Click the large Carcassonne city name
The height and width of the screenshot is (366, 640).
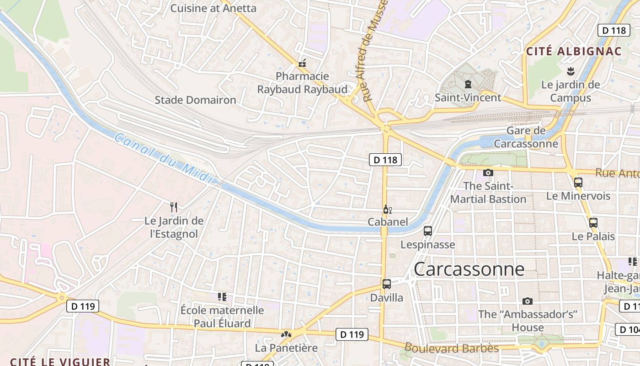469,269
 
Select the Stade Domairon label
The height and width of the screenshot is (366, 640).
195,100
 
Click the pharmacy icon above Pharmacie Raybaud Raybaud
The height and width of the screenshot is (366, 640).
302,63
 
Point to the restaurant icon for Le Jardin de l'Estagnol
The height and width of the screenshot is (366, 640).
174,207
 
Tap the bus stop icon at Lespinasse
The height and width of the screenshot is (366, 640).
428,231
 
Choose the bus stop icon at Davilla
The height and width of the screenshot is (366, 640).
387,284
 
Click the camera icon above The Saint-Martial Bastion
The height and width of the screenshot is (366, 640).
488,172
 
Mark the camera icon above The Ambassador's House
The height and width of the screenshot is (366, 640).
528,301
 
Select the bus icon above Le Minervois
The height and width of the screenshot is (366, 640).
578,182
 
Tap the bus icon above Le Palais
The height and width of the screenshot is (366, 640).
593,223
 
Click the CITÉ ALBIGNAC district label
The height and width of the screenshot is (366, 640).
574,51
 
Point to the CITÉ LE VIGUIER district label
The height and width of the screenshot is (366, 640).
60,362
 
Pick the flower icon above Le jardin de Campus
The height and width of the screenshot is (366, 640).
570,71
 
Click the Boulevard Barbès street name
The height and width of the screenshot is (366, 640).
451,348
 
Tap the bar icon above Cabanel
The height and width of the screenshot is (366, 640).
387,210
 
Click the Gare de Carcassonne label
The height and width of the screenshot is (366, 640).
526,137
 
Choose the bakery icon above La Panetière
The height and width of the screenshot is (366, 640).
286,335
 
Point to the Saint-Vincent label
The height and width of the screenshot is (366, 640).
468,97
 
